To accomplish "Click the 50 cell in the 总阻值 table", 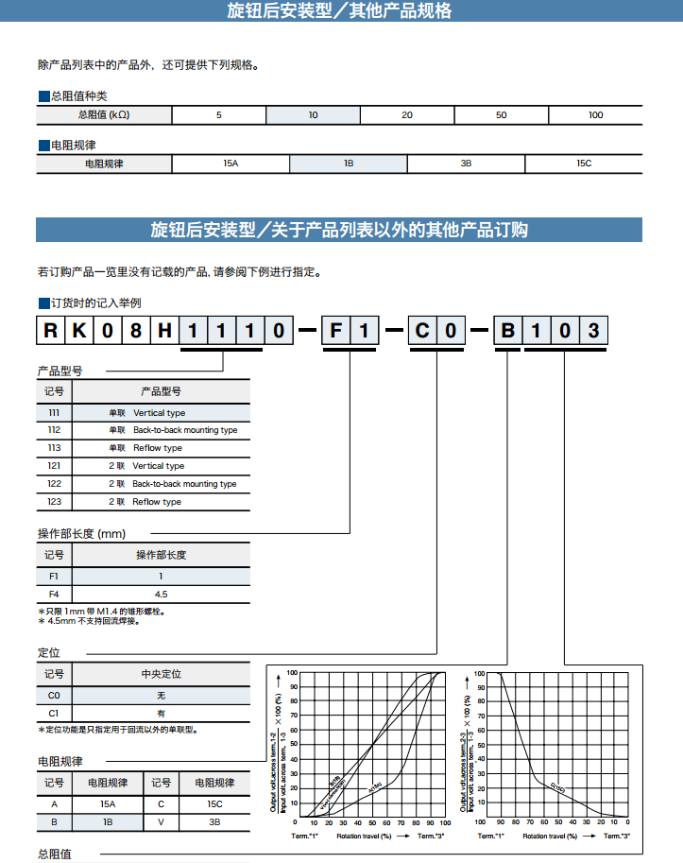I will (501, 115).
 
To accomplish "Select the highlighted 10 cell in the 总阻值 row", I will (313, 115).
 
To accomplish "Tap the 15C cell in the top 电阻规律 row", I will (583, 164).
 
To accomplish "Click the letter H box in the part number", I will (164, 331).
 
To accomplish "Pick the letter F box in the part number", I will (336, 331).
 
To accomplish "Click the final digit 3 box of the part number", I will (593, 331).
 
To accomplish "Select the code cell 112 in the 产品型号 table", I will (54, 430).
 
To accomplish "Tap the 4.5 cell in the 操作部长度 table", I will (161, 594).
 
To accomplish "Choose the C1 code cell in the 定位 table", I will (54, 713).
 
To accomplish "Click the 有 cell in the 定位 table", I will (161, 713).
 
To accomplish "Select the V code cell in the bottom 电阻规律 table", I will (162, 822).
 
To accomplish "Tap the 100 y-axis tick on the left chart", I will (293, 673).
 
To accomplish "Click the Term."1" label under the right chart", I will (491, 837).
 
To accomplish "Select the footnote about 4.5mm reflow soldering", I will (91, 621).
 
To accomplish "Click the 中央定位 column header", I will (161, 674).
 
